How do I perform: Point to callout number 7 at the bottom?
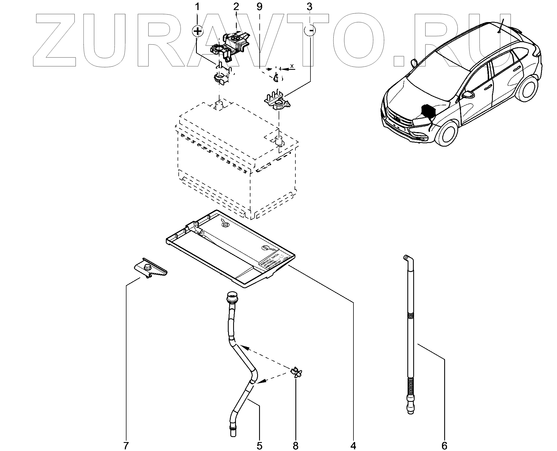126,445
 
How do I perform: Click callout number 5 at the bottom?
259,445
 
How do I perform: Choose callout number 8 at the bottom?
296,445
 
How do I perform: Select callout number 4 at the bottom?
353,445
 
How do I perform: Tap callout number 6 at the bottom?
444,445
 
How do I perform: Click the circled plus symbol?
198,31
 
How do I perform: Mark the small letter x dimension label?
292,66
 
